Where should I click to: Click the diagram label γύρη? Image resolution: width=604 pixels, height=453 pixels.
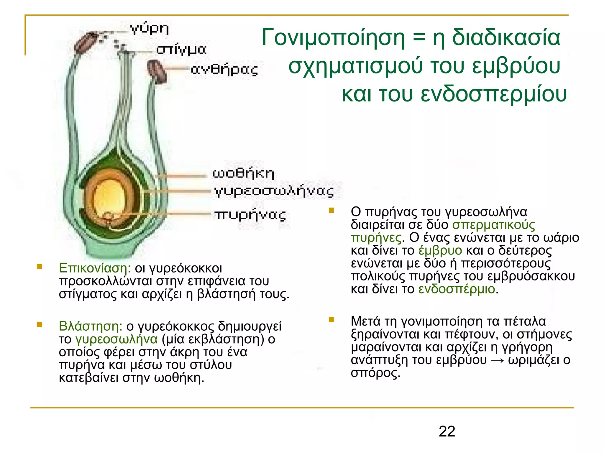(x=150, y=29)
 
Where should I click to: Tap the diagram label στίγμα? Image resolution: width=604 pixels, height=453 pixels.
(x=181, y=50)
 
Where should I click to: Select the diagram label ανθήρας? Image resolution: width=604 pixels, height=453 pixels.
(x=224, y=70)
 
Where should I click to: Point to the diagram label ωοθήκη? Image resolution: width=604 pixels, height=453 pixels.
(x=243, y=173)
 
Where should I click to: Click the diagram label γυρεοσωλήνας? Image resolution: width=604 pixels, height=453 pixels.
(x=274, y=191)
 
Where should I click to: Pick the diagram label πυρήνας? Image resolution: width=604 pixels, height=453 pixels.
(x=250, y=215)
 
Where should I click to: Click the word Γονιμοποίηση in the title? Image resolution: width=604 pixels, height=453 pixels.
(x=333, y=38)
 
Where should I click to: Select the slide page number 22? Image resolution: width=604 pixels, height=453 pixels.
(x=447, y=431)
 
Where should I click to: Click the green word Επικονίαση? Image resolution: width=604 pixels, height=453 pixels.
(x=95, y=268)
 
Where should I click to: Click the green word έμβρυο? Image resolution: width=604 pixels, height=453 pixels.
(x=440, y=250)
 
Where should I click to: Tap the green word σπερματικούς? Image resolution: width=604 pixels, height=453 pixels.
(x=494, y=225)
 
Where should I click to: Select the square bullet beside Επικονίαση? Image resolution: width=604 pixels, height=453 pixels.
(x=40, y=267)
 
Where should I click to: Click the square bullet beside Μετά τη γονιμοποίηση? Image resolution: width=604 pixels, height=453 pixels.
(x=331, y=320)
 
